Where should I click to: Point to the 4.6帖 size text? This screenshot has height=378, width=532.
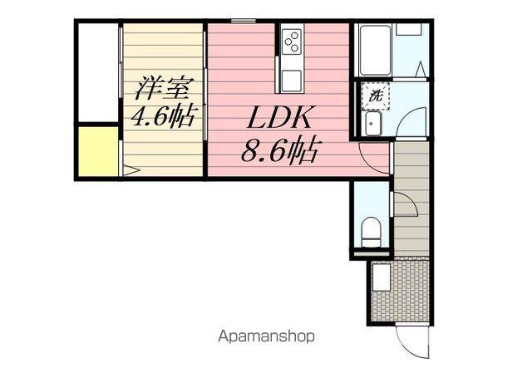tap(162, 117)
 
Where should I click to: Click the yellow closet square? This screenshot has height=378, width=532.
tap(97, 151)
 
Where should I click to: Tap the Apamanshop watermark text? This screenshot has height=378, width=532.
tap(266, 337)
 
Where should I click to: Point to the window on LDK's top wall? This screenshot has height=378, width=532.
tap(242, 20)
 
